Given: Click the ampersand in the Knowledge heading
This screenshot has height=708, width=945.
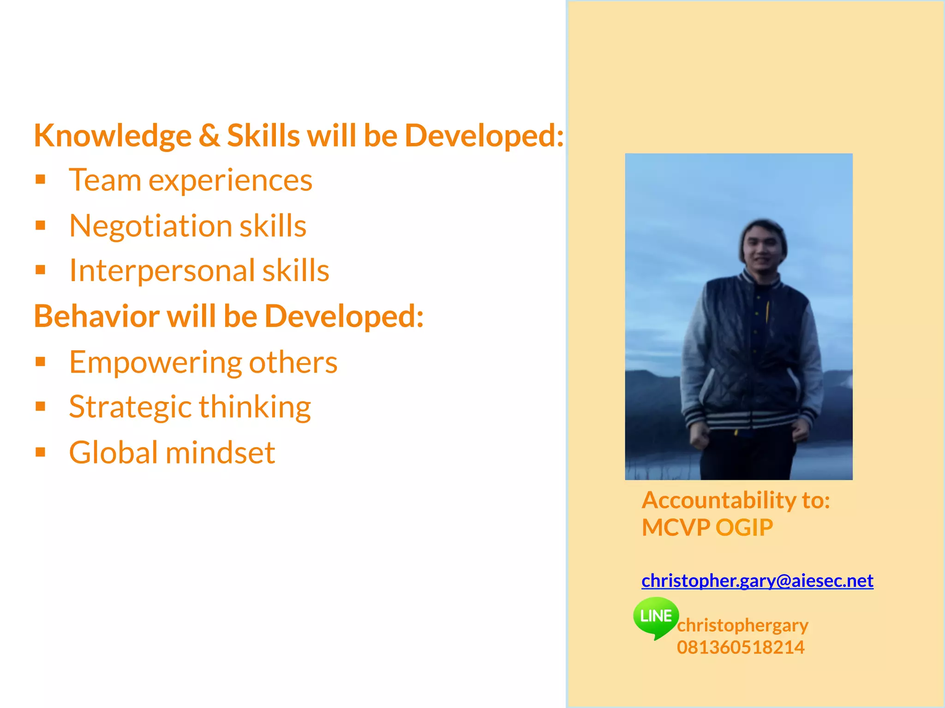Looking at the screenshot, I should point(209,136).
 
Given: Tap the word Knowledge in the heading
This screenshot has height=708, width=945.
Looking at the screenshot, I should point(113,136).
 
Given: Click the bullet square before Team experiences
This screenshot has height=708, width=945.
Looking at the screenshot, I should point(41,179).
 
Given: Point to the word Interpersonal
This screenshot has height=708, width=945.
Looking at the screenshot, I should point(161,271).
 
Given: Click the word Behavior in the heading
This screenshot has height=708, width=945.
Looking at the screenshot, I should point(96,316).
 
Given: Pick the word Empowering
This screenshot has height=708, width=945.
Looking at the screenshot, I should point(155,362).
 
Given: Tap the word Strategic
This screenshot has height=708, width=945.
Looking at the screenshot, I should point(130,407).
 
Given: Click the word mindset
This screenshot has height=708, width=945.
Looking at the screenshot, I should point(220,452).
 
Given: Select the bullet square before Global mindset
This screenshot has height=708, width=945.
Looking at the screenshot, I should point(41,452).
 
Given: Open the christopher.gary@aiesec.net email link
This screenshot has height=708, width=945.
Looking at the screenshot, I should point(757,580).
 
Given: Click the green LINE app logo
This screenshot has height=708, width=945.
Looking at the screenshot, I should point(656,617).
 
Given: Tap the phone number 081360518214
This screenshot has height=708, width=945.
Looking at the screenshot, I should point(741,647).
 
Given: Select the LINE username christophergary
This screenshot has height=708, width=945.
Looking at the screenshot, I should point(742,625).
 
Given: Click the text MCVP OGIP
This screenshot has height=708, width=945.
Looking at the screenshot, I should point(707,527).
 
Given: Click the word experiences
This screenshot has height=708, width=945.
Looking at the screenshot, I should point(230,180).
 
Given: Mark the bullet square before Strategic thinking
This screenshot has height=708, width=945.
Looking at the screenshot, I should point(41,406).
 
